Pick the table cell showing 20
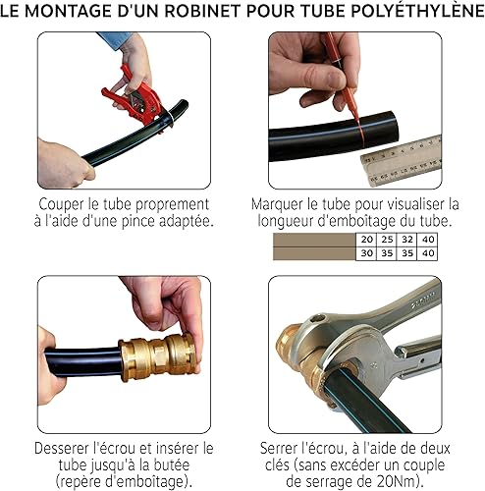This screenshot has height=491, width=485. [366, 240]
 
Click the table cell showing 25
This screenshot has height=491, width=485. [387, 240]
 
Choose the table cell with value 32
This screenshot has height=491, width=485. [407, 240]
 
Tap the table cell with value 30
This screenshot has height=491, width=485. [366, 253]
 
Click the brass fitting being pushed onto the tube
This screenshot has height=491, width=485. [157, 357]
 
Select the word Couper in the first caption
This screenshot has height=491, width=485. [61, 205]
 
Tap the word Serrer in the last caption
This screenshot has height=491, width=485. [280, 449]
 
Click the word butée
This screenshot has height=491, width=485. [172, 465]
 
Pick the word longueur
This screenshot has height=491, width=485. [286, 222]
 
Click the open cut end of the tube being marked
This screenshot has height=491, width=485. [394, 126]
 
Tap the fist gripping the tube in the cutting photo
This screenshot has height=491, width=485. [66, 164]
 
